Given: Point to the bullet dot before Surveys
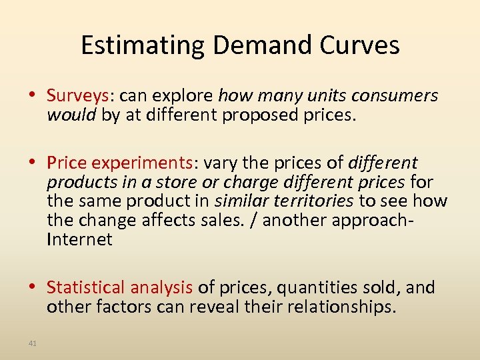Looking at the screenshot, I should point(35,96).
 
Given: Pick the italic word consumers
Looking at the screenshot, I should point(394,96).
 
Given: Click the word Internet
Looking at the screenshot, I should point(79,240).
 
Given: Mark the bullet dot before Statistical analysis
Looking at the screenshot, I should point(35,287).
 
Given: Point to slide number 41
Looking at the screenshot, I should point(33,343).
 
